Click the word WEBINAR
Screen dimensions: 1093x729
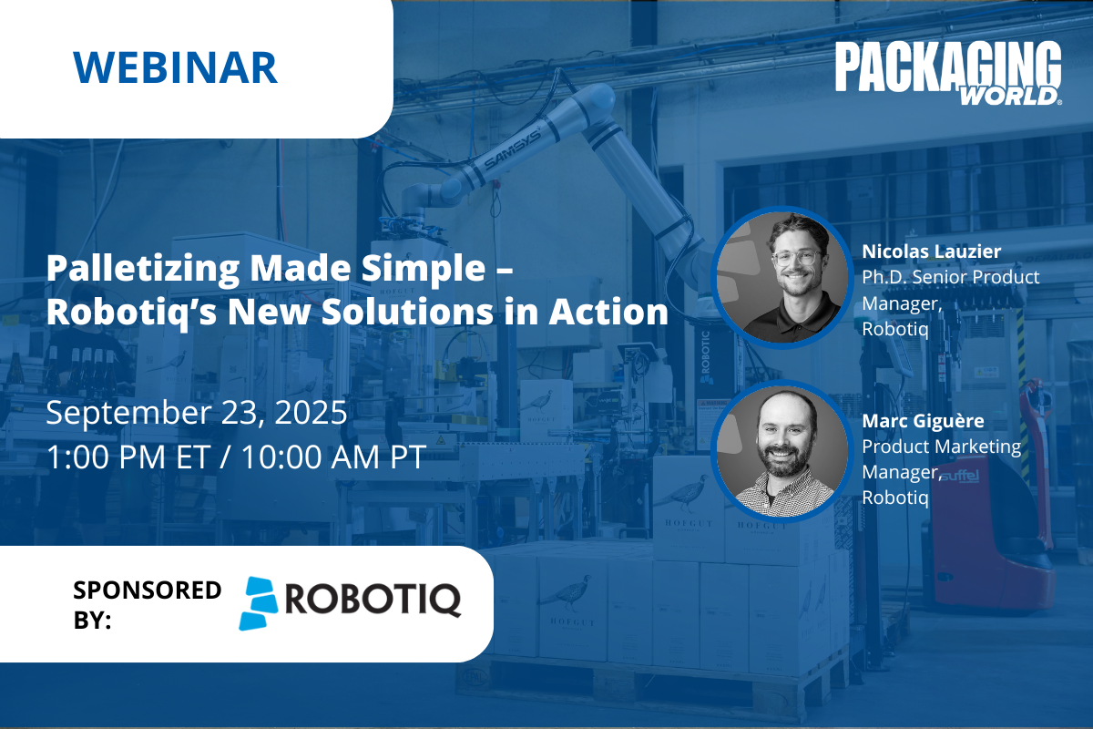pyautogui.click(x=175, y=67)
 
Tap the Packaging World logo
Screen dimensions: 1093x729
pyautogui.click(x=948, y=73)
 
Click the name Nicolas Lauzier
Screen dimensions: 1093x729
pyautogui.click(x=931, y=252)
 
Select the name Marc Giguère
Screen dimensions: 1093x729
pyautogui.click(x=923, y=421)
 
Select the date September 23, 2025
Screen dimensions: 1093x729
pyautogui.click(x=197, y=413)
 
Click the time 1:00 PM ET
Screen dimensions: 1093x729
pyautogui.click(x=128, y=457)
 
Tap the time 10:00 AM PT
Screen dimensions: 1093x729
pyautogui.click(x=333, y=457)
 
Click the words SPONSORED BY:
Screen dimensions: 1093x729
pyautogui.click(x=147, y=605)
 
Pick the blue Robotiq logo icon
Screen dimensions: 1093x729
pyautogui.click(x=258, y=603)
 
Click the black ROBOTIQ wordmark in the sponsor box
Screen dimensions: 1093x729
pyautogui.click(x=373, y=601)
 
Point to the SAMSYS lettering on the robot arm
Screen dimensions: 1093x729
pyautogui.click(x=512, y=149)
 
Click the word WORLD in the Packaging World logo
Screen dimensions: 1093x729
pyautogui.click(x=1008, y=96)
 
